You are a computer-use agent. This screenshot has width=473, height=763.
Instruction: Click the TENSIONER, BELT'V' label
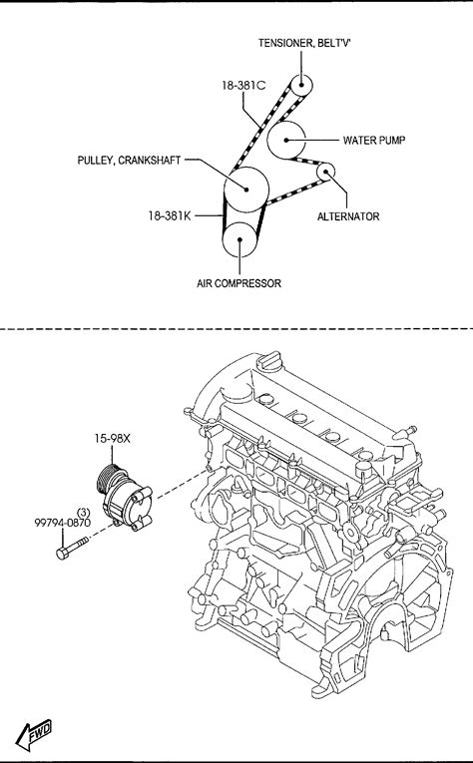click(304, 43)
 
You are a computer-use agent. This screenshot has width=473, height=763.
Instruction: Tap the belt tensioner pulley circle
click(301, 86)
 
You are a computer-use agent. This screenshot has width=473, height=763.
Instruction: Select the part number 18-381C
click(243, 85)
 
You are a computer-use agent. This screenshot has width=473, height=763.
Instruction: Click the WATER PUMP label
click(374, 141)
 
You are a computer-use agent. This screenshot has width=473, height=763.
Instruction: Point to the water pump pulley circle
click(286, 140)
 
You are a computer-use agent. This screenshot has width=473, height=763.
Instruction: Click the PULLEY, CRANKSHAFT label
click(129, 161)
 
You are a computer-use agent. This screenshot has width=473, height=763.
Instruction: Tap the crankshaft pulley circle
click(246, 190)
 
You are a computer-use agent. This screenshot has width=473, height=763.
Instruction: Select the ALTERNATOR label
click(348, 216)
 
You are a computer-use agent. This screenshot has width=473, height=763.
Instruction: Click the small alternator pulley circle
click(325, 172)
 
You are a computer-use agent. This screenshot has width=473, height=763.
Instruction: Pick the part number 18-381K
click(170, 215)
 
